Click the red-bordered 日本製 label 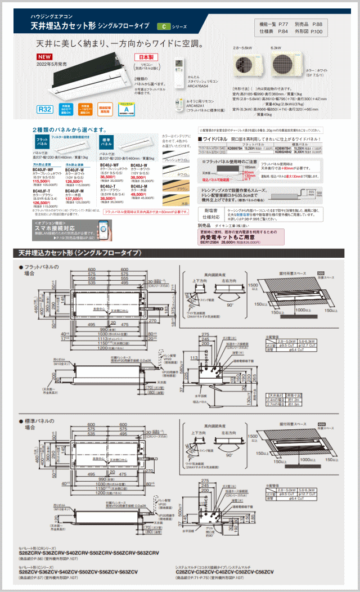pos(146,57)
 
